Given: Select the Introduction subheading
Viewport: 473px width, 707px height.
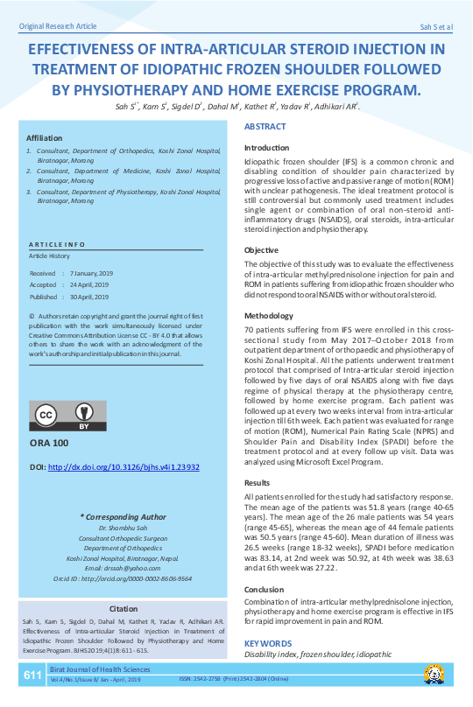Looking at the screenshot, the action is [267, 148].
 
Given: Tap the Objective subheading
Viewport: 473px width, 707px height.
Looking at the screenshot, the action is [261, 250].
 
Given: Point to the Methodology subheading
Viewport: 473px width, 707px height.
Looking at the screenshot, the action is [269, 315].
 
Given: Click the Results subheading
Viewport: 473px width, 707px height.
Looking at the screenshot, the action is [257, 482].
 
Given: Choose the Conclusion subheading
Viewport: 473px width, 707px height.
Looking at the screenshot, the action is [264, 589].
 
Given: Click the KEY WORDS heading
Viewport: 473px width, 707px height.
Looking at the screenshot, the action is [268, 643].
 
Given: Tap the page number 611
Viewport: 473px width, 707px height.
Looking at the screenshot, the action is [32, 675].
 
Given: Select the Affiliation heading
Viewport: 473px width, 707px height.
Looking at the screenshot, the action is [45, 138].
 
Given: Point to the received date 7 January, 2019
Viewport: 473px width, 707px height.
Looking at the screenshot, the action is [90, 273].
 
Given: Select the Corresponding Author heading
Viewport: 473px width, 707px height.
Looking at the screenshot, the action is [123, 516].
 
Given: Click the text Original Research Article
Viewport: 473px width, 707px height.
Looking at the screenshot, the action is [57, 27].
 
